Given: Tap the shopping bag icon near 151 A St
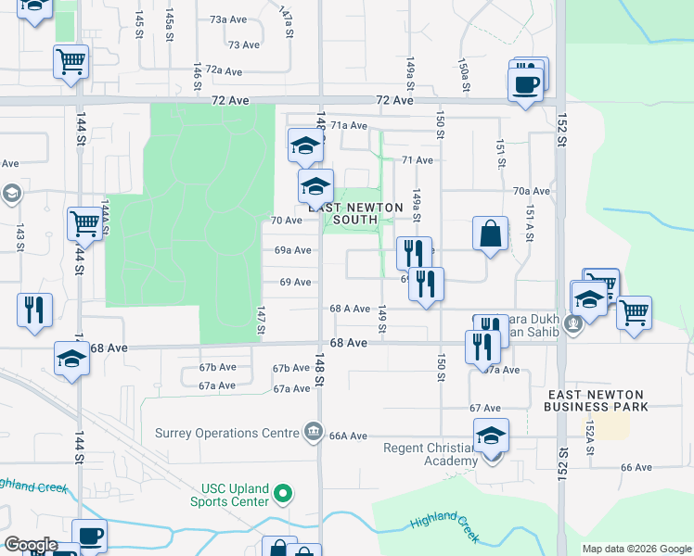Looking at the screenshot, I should pos(490,234).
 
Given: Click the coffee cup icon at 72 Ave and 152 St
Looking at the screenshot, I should pos(527,83).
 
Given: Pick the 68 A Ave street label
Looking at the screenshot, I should pos(350,309).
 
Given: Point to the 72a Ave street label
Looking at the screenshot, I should pos(224,70).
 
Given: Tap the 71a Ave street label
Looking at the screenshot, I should pos(349,125).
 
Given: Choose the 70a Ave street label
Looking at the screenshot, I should pos(532,191).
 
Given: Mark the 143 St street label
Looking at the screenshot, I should pos(19,237).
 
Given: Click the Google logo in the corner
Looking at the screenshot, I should pos(31,545).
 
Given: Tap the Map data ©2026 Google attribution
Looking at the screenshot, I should pos(636,549).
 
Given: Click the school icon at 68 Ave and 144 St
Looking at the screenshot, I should pos(71,359).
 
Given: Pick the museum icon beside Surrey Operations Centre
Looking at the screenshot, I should pos(314,433).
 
